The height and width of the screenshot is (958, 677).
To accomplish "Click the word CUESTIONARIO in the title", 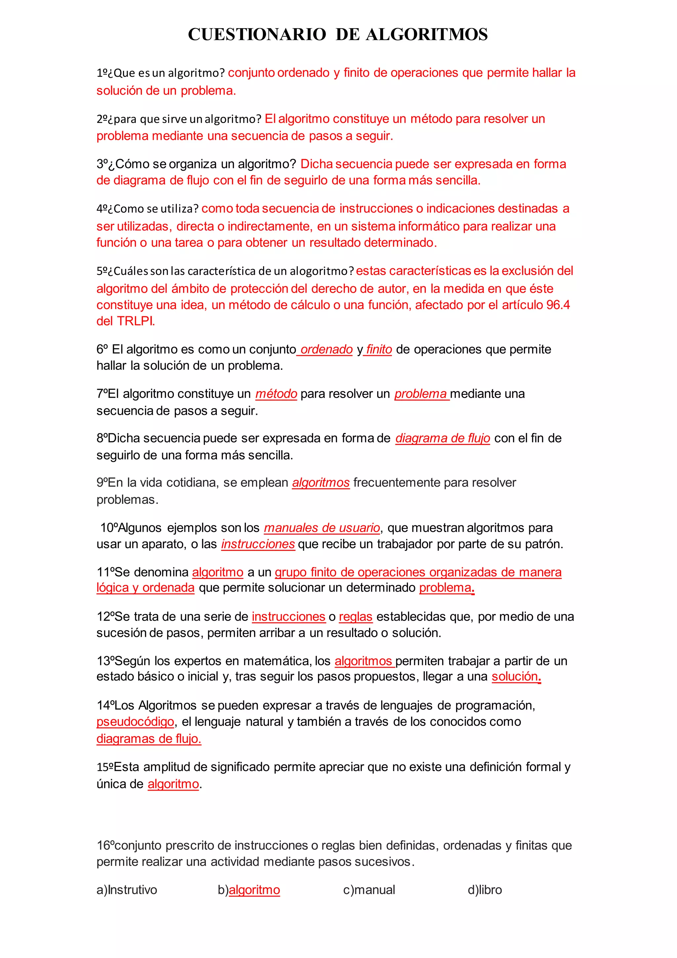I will pyautogui.click(x=257, y=34).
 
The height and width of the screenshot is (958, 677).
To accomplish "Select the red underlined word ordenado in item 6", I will pyautogui.click(x=326, y=349).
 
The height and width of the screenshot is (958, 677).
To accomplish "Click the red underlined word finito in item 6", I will pyautogui.click(x=379, y=349).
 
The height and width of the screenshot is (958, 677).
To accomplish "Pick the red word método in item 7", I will pyautogui.click(x=276, y=394).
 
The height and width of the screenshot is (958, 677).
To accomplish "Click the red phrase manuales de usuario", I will pyautogui.click(x=322, y=528).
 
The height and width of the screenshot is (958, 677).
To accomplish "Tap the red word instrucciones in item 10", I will pyautogui.click(x=258, y=544).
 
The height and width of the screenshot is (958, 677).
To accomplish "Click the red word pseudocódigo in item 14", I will pyautogui.click(x=135, y=721).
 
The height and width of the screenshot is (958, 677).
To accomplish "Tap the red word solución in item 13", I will pyautogui.click(x=515, y=676).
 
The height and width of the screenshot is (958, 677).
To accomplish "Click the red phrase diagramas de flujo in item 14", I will pyautogui.click(x=149, y=739).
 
